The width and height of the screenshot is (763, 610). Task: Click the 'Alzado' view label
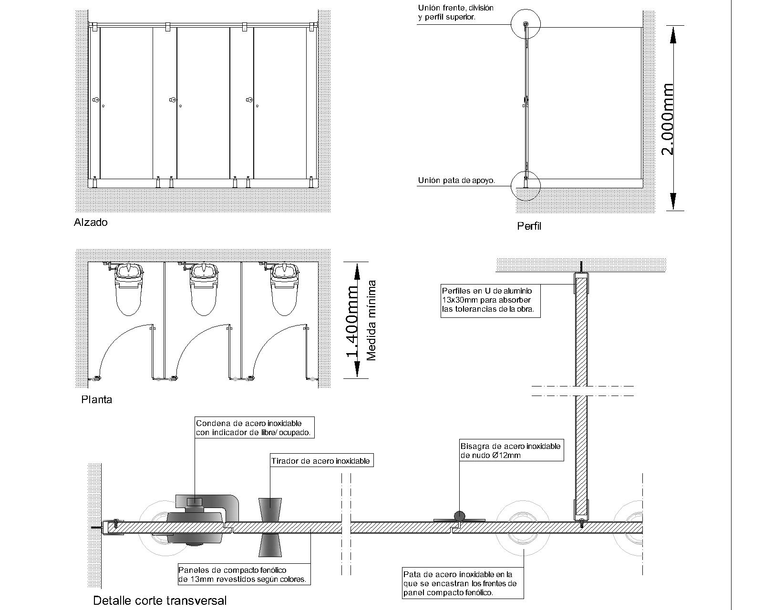coord(91,222)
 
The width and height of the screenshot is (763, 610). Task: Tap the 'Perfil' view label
coord(529,226)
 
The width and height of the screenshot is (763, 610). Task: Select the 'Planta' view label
coord(97,399)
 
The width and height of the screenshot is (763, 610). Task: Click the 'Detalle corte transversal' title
coord(160,600)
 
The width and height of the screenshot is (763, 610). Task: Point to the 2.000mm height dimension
coord(668,119)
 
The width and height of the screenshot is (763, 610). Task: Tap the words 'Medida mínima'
coord(371,320)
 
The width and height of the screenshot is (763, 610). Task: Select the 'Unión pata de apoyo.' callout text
coord(456,181)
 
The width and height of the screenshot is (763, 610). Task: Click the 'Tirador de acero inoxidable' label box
coord(320,461)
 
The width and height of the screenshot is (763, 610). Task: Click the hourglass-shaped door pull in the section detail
coord(270,527)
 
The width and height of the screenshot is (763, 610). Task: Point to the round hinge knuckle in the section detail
coord(459,516)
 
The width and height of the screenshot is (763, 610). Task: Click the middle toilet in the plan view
coord(206,288)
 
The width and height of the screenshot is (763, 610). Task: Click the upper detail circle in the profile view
coord(525,25)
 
